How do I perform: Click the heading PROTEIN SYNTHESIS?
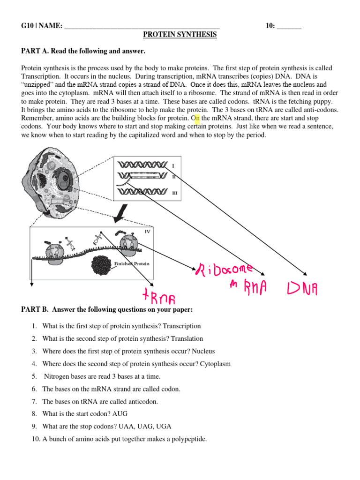[180, 35]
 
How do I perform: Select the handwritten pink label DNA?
[302, 288]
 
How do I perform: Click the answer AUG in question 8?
[120, 414]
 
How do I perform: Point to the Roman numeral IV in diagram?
[147, 231]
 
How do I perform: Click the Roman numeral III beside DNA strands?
[174, 192]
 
